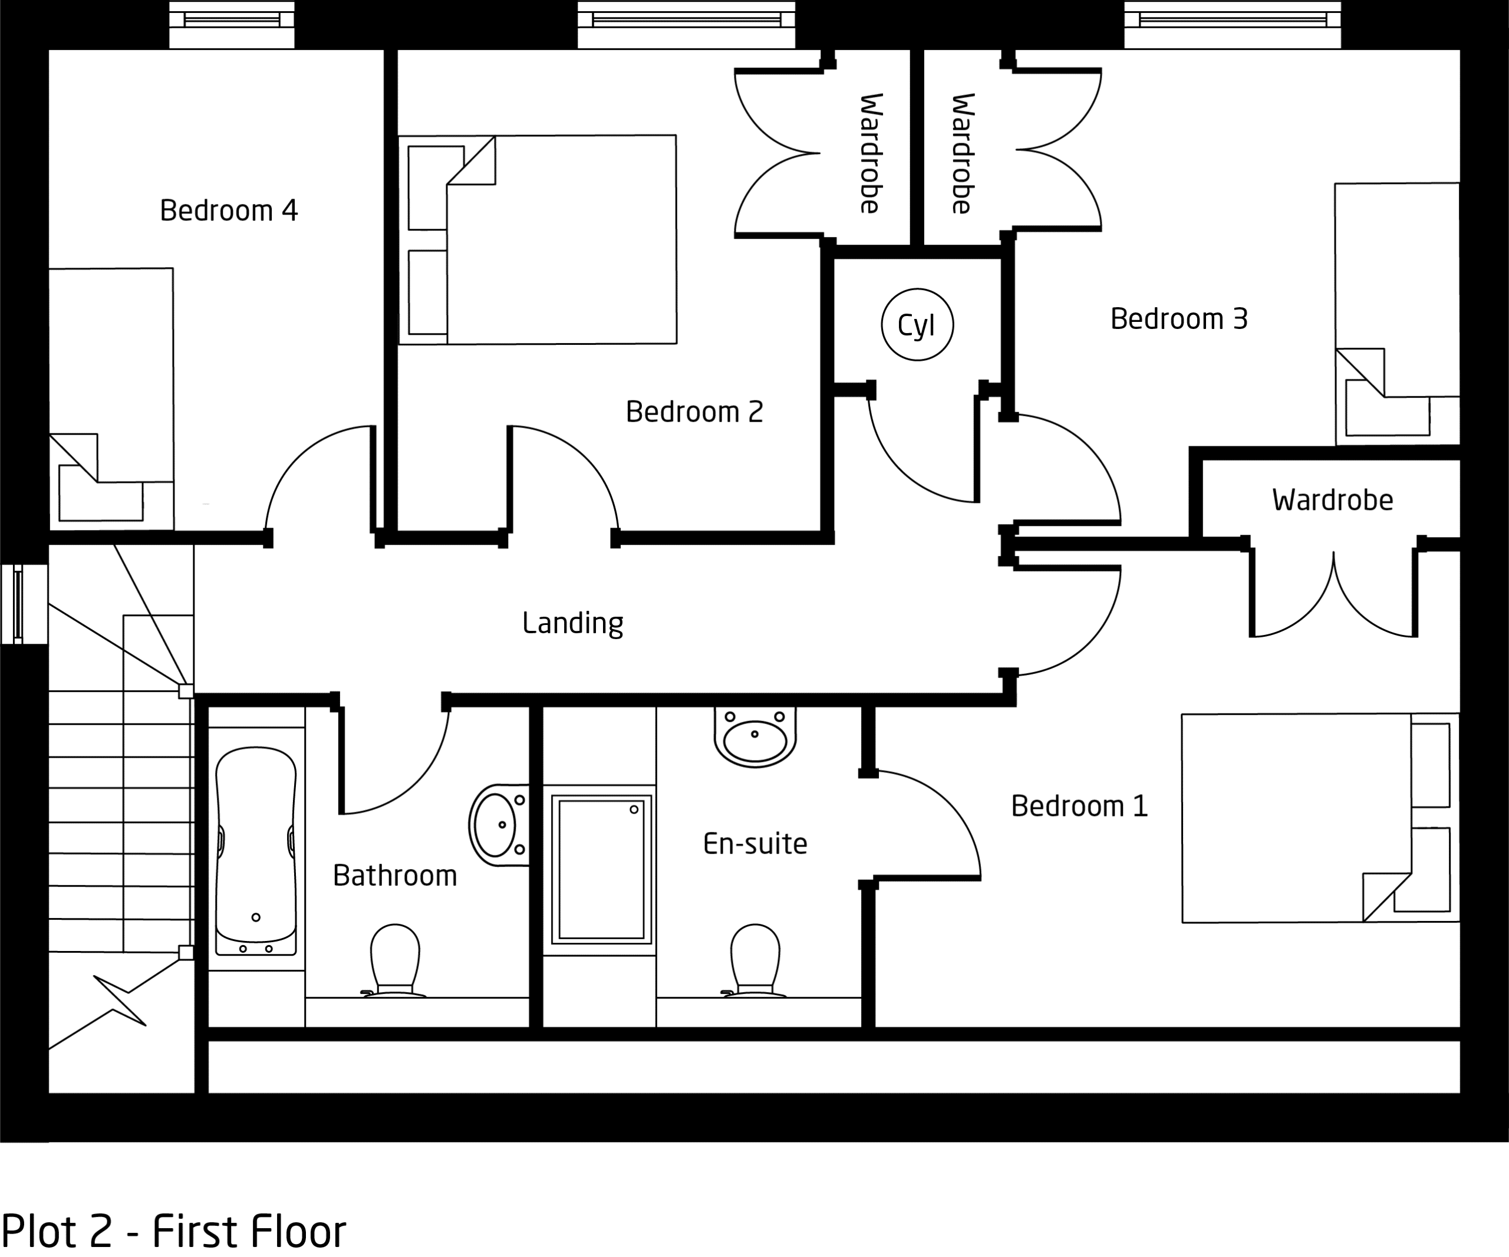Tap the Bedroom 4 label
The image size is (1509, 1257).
(229, 210)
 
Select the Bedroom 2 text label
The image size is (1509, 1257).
(694, 412)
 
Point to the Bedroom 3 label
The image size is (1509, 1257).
(1179, 319)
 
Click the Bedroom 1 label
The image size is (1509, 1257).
(1079, 807)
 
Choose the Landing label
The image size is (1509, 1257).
(573, 623)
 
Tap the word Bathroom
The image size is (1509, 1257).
(395, 876)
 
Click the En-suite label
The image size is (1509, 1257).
(755, 844)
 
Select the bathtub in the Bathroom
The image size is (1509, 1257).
(256, 851)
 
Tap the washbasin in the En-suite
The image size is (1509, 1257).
(755, 736)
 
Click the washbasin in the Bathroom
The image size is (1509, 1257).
(499, 825)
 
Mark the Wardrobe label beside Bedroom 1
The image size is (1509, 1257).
(1333, 500)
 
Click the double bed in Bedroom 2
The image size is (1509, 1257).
(538, 239)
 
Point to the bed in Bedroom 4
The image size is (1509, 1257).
(111, 399)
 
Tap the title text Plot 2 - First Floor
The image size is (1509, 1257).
(174, 1231)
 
